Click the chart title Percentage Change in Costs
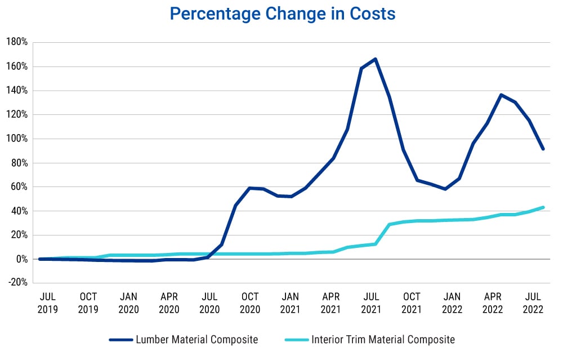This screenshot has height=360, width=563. click(x=282, y=14)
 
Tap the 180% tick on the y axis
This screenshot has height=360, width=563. click(x=17, y=42)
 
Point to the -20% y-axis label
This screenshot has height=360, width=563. click(x=17, y=283)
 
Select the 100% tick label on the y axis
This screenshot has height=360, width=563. click(x=17, y=139)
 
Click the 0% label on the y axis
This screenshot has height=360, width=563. click(x=21, y=259)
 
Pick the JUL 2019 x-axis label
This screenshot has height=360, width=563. click(x=48, y=303)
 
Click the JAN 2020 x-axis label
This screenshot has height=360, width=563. click(x=128, y=303)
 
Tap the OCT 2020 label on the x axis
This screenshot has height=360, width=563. click(x=250, y=303)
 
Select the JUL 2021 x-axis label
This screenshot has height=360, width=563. click(x=371, y=303)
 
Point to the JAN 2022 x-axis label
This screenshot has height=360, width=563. click(x=452, y=303)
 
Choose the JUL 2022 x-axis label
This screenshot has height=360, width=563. click(x=533, y=303)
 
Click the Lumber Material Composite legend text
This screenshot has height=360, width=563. click(x=196, y=340)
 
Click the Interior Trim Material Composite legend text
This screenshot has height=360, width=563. click(x=383, y=340)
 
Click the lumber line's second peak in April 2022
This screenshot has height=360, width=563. click(x=501, y=95)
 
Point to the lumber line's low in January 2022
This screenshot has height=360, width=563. click(x=446, y=189)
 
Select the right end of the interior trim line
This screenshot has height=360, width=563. click(x=543, y=207)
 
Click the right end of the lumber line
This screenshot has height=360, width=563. click(x=543, y=149)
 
